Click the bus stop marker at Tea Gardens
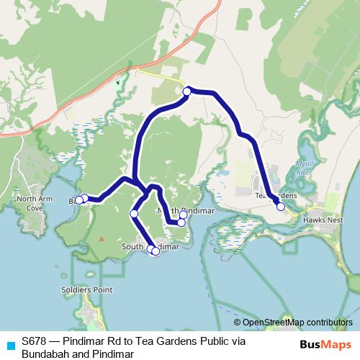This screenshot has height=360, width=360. tap(280, 207)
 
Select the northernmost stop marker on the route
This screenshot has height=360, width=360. tap(187, 91)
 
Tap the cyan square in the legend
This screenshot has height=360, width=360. tap(10, 345)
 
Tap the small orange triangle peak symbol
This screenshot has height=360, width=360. tap(102, 238)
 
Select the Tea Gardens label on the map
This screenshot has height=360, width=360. tap(274, 195)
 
